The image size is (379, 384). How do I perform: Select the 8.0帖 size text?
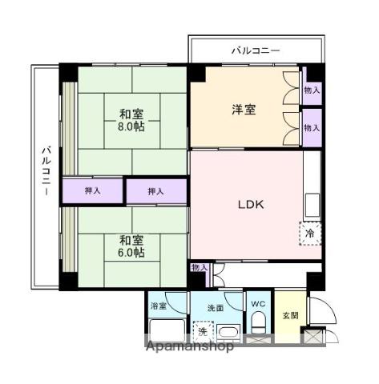tap(133, 126)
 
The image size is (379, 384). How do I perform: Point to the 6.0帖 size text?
tap(133, 253)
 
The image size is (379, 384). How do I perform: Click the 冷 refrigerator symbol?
tap(310, 233)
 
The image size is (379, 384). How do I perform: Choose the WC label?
tap(258, 305)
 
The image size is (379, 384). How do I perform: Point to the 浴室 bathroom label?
tap(159, 306)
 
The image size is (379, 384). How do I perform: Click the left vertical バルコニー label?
tap(46, 172)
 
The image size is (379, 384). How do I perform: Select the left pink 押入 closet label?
tap(93, 190)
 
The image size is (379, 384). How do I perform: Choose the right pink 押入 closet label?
tap(156, 190)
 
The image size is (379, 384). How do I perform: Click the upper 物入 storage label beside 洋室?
tap(312, 91)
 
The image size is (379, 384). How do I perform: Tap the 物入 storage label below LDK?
tap(200, 268)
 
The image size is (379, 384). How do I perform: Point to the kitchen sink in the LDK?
tap(312, 205)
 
